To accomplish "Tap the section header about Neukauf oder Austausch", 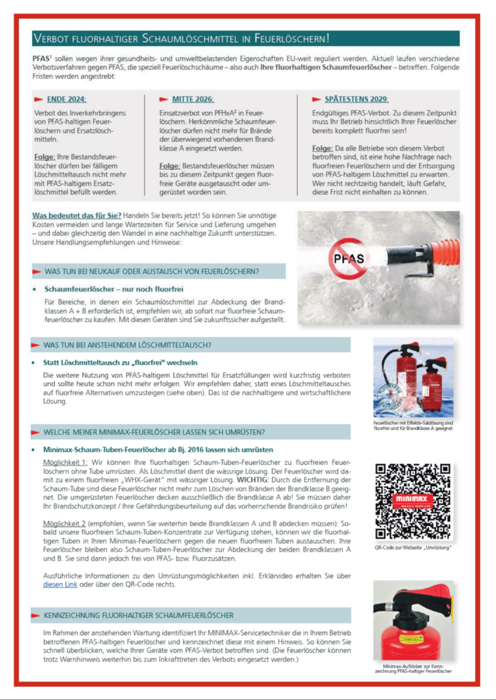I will click(151, 271).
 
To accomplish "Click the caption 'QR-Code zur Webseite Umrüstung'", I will click(413, 548).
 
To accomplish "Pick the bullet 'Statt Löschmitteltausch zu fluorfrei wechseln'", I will click(120, 362).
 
